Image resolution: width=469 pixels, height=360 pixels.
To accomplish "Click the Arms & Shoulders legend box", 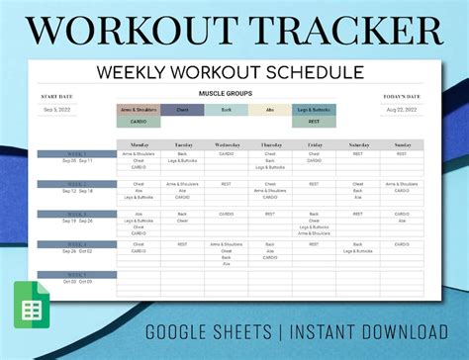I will [138, 110].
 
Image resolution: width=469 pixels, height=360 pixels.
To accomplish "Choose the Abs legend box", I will [271, 110].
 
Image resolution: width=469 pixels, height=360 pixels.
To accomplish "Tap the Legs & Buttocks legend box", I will [315, 110].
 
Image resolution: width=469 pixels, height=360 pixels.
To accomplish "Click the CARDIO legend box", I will [138, 122].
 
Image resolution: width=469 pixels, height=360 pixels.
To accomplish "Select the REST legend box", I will [315, 122].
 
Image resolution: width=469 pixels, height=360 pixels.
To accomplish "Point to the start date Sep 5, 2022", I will [57, 111].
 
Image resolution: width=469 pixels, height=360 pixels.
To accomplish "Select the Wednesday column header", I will [227, 145].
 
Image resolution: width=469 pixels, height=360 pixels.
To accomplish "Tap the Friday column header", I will [314, 145].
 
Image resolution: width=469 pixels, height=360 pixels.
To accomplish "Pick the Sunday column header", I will [401, 145].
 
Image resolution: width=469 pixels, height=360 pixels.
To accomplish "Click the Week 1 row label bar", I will [77, 154].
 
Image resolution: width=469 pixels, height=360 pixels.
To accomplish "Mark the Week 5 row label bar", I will [77, 275].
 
